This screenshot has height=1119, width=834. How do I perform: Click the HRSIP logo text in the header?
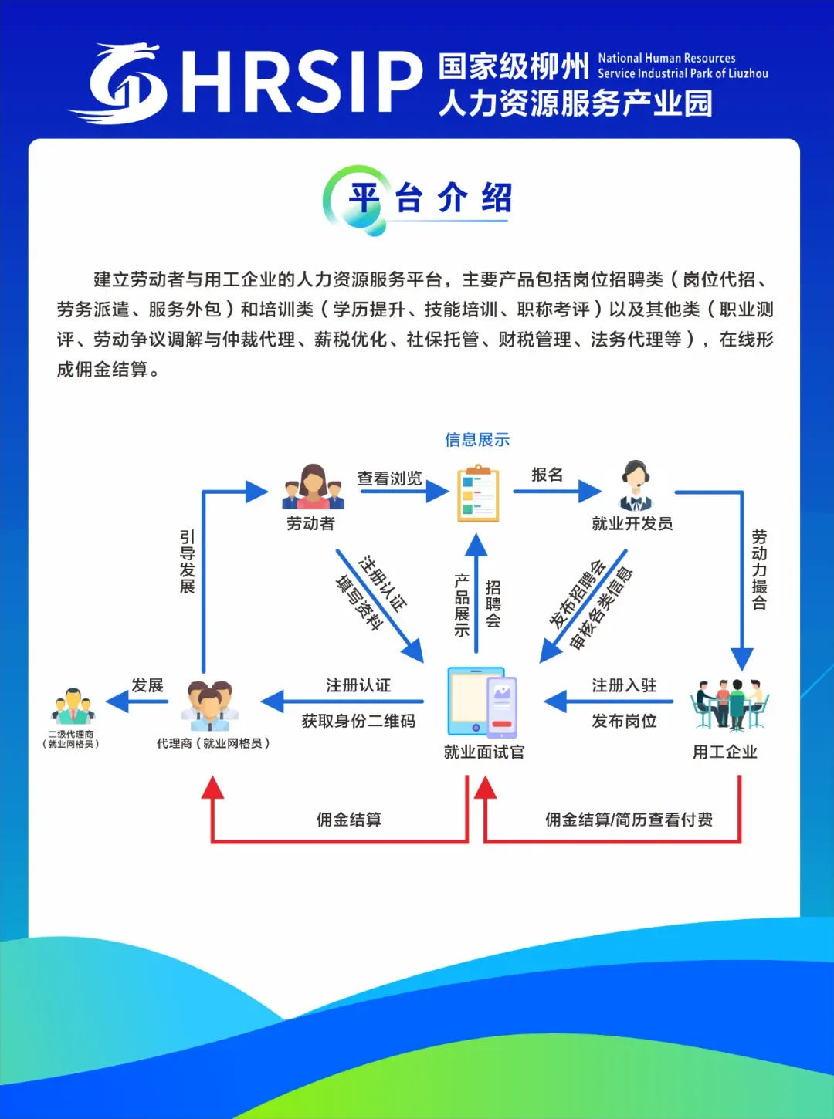(x=301, y=83)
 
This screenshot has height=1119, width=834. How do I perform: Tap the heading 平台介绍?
(x=430, y=198)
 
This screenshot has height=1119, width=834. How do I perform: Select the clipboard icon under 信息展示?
(x=478, y=493)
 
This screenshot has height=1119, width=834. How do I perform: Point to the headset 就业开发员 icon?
(x=636, y=486)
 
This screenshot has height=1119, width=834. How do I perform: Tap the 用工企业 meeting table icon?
(x=729, y=704)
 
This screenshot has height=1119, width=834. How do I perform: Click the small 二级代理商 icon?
(x=73, y=705)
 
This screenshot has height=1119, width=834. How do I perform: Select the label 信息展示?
(x=477, y=440)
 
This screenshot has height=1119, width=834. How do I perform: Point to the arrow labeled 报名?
(x=557, y=491)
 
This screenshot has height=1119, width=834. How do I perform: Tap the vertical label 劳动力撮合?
(x=759, y=570)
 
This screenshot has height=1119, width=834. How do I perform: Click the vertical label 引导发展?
(x=187, y=561)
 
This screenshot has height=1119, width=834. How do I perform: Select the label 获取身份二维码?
(x=358, y=721)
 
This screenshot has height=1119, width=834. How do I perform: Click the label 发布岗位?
(x=624, y=721)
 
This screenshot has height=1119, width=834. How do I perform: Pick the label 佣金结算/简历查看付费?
(x=629, y=820)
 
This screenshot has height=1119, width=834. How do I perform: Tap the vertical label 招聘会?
(x=493, y=603)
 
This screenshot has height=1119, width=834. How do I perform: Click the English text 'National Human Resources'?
(x=666, y=58)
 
